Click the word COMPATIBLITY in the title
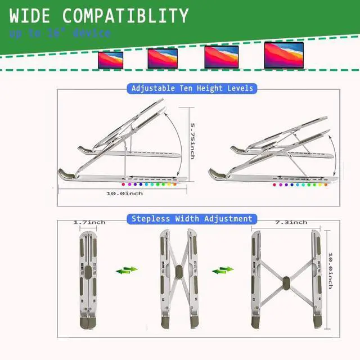[125, 15]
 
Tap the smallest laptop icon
[110, 59]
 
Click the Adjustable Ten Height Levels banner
[192, 88]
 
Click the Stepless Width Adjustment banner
[192, 218]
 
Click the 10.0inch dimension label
[124, 193]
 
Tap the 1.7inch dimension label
[89, 223]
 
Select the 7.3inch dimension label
[291, 223]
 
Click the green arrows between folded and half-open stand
[127, 271]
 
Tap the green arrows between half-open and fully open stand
[223, 271]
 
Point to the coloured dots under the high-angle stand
[150, 184]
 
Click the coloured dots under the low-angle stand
[298, 184]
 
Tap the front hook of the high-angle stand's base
[66, 174]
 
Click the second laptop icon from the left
[163, 58]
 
